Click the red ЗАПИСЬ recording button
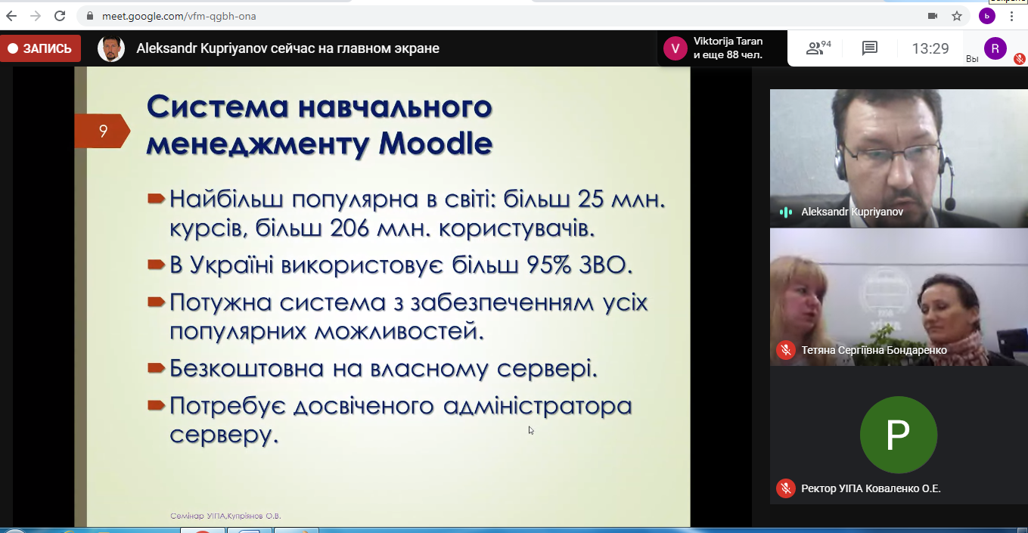tap(40, 48)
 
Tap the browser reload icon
tap(60, 16)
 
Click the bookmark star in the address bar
tap(956, 17)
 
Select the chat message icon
tap(869, 48)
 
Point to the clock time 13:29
tap(930, 48)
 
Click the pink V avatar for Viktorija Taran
tap(675, 48)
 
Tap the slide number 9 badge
tap(102, 132)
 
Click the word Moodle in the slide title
tap(436, 144)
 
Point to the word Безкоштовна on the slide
tap(247, 368)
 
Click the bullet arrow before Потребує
tap(156, 405)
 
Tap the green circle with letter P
tap(898, 435)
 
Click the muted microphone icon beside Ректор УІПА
tap(786, 488)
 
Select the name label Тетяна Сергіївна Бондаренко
tap(874, 351)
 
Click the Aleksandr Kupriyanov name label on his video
tap(852, 212)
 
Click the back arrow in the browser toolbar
tap(11, 16)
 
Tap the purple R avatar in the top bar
tap(995, 48)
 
